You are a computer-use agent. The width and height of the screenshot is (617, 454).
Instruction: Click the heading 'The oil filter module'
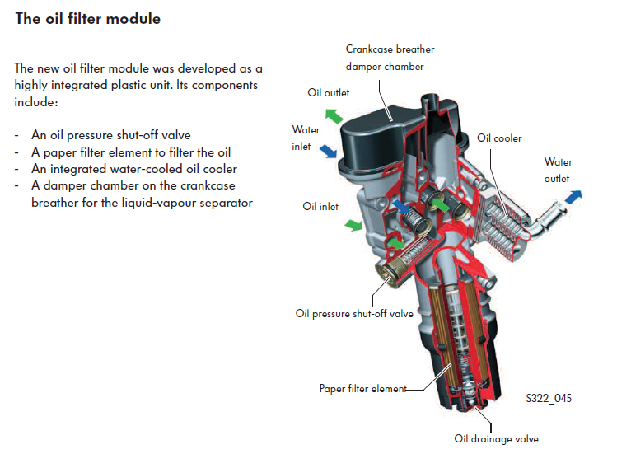[87, 18]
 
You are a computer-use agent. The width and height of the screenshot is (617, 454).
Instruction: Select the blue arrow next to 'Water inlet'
[327, 150]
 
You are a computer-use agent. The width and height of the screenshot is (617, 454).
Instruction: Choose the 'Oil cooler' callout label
[499, 138]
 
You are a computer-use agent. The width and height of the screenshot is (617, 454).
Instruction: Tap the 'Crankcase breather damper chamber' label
[390, 58]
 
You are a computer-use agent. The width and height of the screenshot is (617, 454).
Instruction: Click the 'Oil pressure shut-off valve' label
[354, 313]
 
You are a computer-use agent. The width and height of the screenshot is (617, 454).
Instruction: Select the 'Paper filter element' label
[362, 388]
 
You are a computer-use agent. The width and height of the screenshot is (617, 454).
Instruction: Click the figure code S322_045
[548, 399]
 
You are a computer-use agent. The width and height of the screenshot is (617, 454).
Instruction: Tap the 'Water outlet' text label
[558, 170]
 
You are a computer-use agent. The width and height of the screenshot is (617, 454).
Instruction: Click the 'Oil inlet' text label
[320, 207]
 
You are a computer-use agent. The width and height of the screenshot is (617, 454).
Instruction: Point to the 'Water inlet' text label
[306, 138]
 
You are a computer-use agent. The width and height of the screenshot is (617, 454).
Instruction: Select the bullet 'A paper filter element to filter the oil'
[131, 152]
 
